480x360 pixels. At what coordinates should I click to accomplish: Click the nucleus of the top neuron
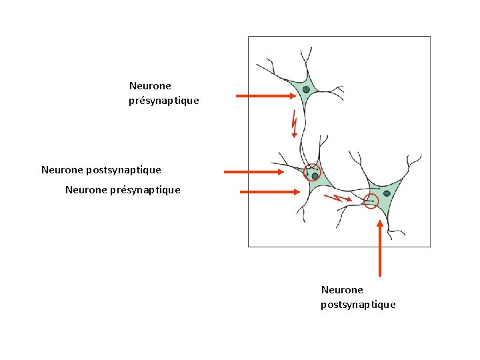coord(306,89)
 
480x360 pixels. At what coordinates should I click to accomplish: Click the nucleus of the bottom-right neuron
coord(387,193)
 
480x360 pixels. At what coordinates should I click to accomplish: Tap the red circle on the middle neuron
coord(312,173)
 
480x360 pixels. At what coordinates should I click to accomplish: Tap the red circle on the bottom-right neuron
coord(371,201)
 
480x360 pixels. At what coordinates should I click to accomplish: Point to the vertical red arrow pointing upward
coord(380,247)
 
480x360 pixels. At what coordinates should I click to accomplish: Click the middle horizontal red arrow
coord(254,172)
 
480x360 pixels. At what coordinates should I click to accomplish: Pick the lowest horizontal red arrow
coord(270,191)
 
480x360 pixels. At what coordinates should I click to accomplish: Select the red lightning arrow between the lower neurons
coord(337,198)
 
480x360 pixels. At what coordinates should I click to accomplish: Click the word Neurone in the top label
coord(150,86)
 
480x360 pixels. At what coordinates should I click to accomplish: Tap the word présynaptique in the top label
coord(164,101)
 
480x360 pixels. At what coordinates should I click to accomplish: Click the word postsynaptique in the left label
coord(123,170)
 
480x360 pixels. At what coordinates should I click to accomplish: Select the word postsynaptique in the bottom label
coord(358,305)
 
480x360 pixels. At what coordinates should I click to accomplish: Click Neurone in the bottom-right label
coord(342,290)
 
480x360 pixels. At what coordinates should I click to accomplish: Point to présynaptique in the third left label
coord(145,190)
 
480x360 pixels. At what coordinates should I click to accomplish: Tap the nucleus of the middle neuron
coord(315,176)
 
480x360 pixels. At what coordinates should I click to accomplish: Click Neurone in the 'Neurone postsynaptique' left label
coord(62,170)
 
